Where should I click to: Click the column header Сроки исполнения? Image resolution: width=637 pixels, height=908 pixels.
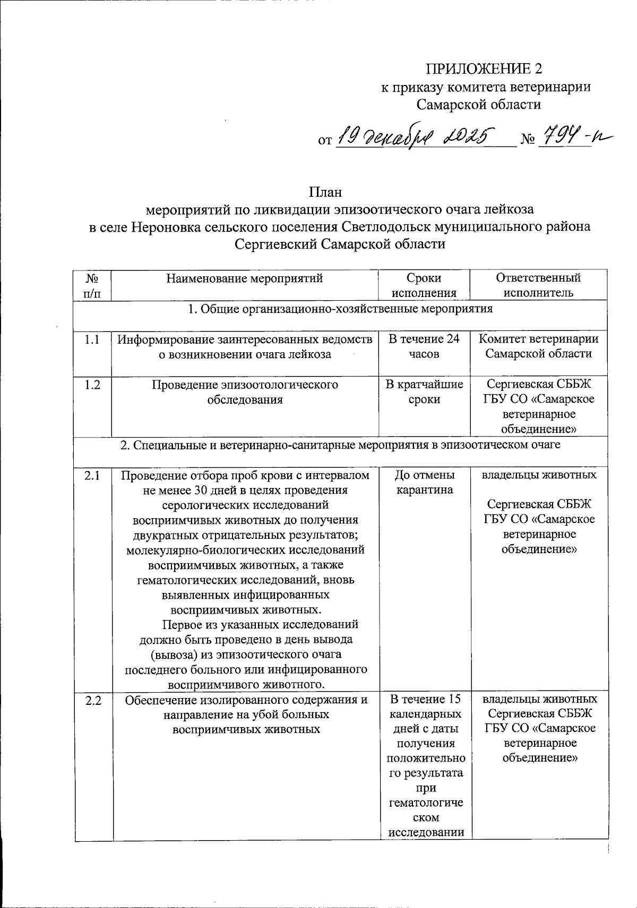[424, 285]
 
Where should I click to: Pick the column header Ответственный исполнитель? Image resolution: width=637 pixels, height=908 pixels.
[538, 285]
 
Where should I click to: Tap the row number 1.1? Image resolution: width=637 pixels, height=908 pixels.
[92, 339]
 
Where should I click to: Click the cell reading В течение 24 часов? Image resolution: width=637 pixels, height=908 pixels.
[424, 346]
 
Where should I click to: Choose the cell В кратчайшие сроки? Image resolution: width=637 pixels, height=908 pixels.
[424, 392]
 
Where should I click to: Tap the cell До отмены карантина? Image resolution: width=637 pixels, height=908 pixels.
[425, 482]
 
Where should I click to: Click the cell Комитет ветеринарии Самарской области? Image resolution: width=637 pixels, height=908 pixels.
[538, 346]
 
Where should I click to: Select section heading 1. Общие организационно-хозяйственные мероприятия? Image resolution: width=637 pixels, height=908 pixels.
[340, 309]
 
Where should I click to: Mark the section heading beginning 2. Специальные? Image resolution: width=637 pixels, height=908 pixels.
[340, 446]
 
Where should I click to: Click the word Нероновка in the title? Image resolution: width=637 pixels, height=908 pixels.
[159, 227]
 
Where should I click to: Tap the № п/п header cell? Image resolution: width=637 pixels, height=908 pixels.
[92, 285]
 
